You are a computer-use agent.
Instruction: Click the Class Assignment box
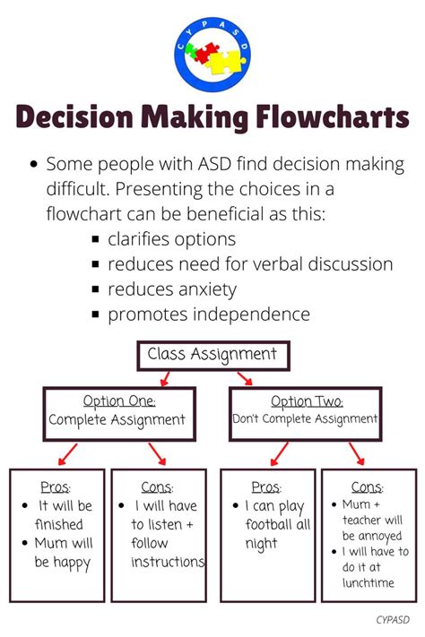(212, 355)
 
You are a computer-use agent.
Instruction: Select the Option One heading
(119, 400)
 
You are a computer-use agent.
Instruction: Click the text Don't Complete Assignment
(306, 418)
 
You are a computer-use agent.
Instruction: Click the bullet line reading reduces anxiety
(171, 289)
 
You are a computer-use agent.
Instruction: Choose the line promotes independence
(208, 314)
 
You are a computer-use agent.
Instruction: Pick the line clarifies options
(171, 239)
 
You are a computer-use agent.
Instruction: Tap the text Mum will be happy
(63, 552)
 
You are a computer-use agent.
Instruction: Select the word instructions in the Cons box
(168, 562)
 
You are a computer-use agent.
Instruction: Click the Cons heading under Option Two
(368, 487)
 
